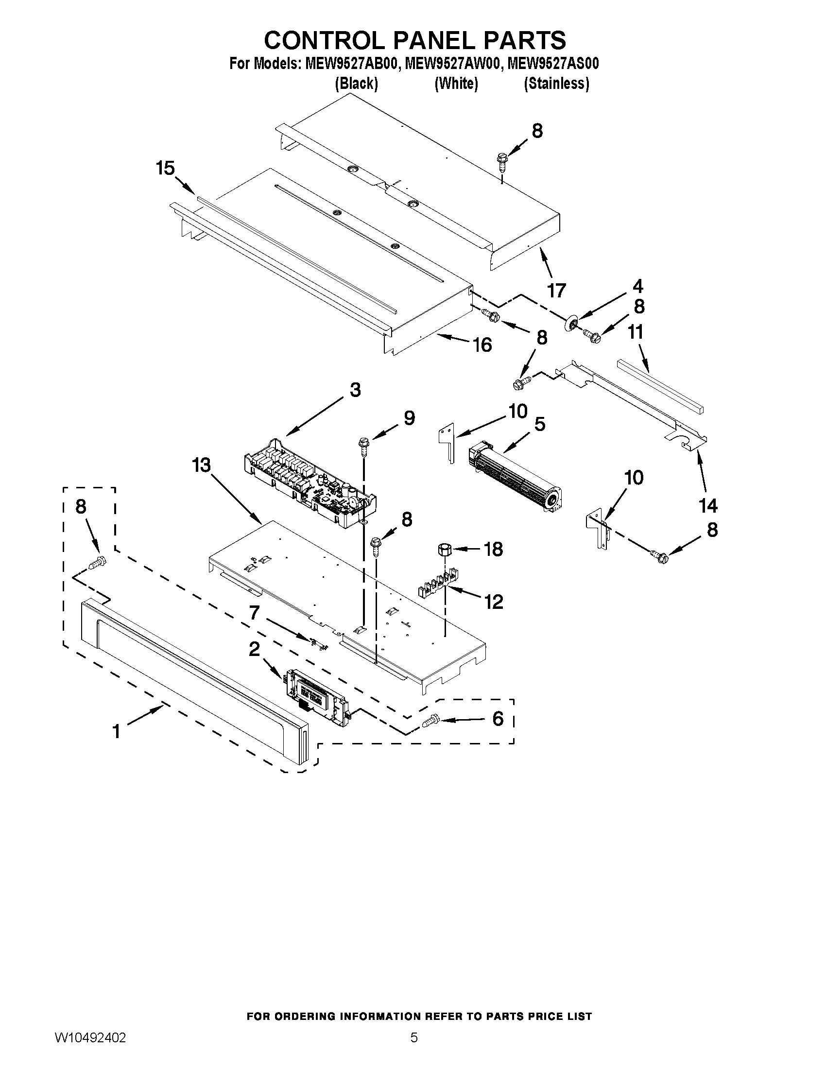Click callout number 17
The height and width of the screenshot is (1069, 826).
[x=556, y=291]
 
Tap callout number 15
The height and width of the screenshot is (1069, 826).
[x=165, y=169]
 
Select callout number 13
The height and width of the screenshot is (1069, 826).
[x=201, y=466]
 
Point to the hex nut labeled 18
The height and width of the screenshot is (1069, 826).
[x=443, y=549]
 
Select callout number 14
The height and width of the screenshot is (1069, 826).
[x=708, y=505]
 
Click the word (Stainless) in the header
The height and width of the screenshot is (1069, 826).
[x=556, y=84]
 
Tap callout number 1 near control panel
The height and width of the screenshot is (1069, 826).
[x=116, y=731]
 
